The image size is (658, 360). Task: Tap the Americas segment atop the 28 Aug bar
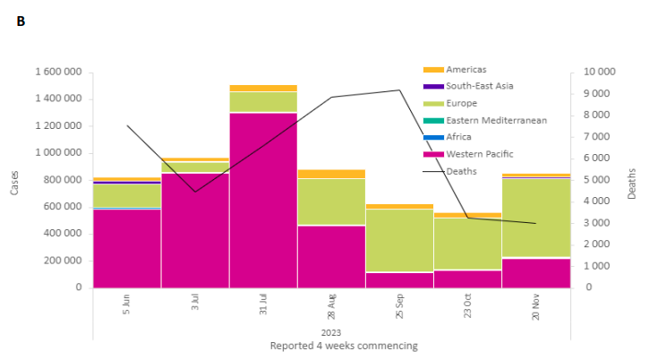tap(331, 174)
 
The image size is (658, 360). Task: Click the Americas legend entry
tap(466, 69)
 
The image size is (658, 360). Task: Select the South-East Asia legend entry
tap(479, 86)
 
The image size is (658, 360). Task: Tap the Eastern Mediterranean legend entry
tap(495, 120)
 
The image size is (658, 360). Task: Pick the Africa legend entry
tap(458, 137)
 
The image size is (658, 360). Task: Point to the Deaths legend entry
tap(461, 171)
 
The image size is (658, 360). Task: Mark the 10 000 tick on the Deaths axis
tap(599, 72)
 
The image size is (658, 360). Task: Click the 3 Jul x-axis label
tap(195, 302)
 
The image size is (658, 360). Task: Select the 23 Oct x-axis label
tap(467, 304)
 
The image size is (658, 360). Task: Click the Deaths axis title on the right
tap(632, 183)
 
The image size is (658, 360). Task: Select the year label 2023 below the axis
tap(332, 332)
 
